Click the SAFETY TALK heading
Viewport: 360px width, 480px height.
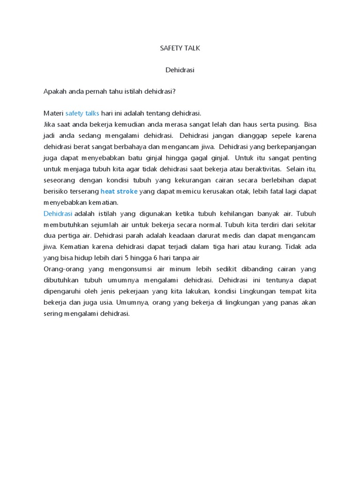click(180, 48)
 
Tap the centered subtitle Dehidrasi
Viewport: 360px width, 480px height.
click(180, 70)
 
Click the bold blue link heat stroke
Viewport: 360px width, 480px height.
click(119, 191)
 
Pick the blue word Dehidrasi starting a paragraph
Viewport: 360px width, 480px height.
click(58, 213)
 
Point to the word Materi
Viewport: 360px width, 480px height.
click(53, 113)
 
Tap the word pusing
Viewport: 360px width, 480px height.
click(288, 125)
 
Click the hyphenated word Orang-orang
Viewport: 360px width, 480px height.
click(63, 269)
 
